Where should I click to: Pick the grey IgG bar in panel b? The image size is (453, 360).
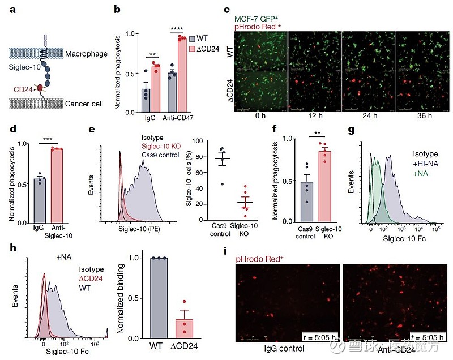146,101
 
